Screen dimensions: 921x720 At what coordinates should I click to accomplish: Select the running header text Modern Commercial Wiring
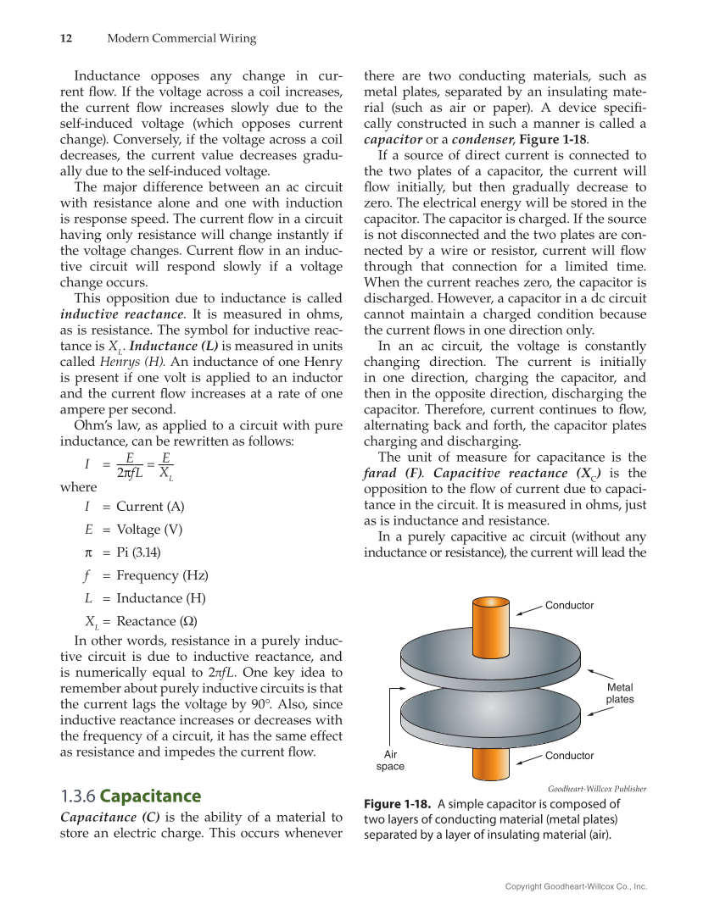coord(181,38)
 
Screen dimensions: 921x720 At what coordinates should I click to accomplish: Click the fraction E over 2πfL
coord(128,464)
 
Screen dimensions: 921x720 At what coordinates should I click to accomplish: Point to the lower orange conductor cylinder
coord(490,762)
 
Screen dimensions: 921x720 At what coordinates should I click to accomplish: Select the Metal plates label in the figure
coord(619,693)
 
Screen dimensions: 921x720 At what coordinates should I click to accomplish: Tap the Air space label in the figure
coord(390,760)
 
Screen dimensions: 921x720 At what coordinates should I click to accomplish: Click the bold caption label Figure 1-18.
coord(397,804)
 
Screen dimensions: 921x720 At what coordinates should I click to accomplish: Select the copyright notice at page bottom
coord(576,886)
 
